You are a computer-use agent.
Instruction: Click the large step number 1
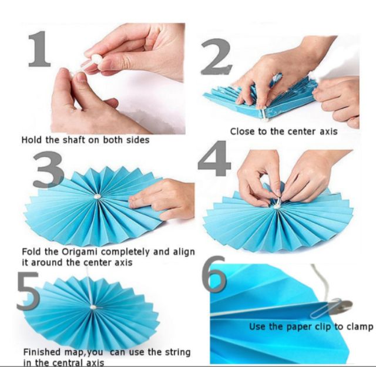(40, 49)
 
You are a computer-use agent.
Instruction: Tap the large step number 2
(217, 56)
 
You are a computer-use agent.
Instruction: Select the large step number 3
(48, 169)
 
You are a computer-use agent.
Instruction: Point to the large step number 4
(213, 158)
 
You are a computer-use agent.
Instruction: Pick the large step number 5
(28, 291)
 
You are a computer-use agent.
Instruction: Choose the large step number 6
(214, 273)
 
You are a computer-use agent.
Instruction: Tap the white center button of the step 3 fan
(98, 197)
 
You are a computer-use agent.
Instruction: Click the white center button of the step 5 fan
(93, 307)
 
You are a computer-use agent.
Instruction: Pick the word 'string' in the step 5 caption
(177, 352)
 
